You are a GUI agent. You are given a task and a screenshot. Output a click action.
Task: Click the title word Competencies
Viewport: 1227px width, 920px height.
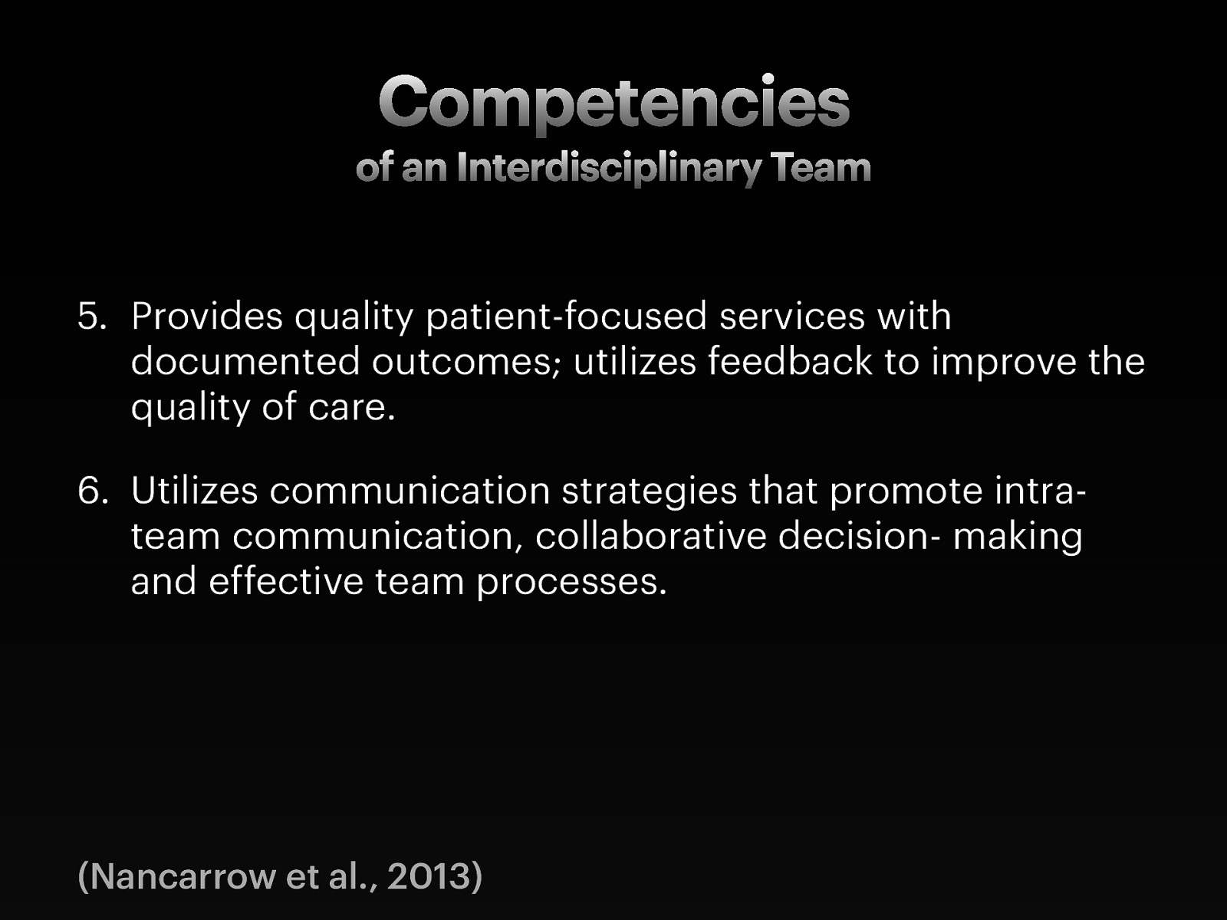[x=613, y=103]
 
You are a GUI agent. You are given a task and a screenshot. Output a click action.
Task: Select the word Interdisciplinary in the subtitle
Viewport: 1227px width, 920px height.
[x=609, y=168]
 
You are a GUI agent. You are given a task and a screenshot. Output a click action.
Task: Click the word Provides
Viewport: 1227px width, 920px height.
[x=207, y=317]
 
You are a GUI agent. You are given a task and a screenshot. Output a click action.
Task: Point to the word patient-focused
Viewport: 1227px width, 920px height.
[x=566, y=317]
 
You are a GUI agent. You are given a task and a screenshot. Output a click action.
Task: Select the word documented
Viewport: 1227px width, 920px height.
[x=245, y=362]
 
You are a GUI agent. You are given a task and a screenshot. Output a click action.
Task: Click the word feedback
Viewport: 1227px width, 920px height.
[x=790, y=362]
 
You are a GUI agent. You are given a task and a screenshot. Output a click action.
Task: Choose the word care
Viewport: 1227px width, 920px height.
[x=351, y=407]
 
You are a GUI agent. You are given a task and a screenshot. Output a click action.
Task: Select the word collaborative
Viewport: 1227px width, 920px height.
[x=650, y=536]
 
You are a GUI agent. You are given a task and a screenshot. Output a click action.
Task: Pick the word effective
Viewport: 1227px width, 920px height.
[x=285, y=581]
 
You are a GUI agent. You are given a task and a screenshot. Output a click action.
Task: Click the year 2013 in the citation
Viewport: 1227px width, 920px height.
[x=428, y=876]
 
